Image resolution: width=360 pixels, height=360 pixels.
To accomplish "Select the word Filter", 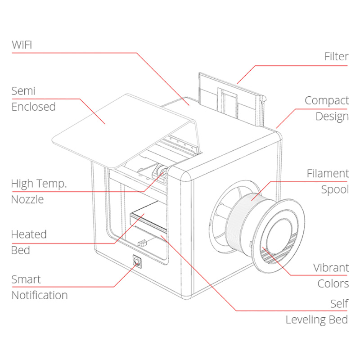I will pyautogui.click(x=336, y=57).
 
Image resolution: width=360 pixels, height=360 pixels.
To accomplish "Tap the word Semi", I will pyautogui.click(x=23, y=91).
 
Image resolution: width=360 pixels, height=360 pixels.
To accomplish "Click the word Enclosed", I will pyautogui.click(x=33, y=107).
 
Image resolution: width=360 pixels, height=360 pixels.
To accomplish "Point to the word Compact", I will pyautogui.click(x=327, y=100).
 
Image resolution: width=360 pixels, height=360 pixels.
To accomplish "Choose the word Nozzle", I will pyautogui.click(x=27, y=199).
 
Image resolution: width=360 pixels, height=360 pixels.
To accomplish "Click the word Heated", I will pyautogui.click(x=29, y=234).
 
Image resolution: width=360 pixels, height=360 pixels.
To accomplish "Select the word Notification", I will pyautogui.click(x=40, y=295).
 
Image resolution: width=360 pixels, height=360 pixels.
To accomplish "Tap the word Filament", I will pyautogui.click(x=328, y=173).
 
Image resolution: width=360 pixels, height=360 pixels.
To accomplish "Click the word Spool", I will pyautogui.click(x=335, y=189).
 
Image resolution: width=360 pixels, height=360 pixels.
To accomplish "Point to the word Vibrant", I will pyautogui.click(x=331, y=268).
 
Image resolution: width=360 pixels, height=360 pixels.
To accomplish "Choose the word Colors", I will pyautogui.click(x=333, y=284).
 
